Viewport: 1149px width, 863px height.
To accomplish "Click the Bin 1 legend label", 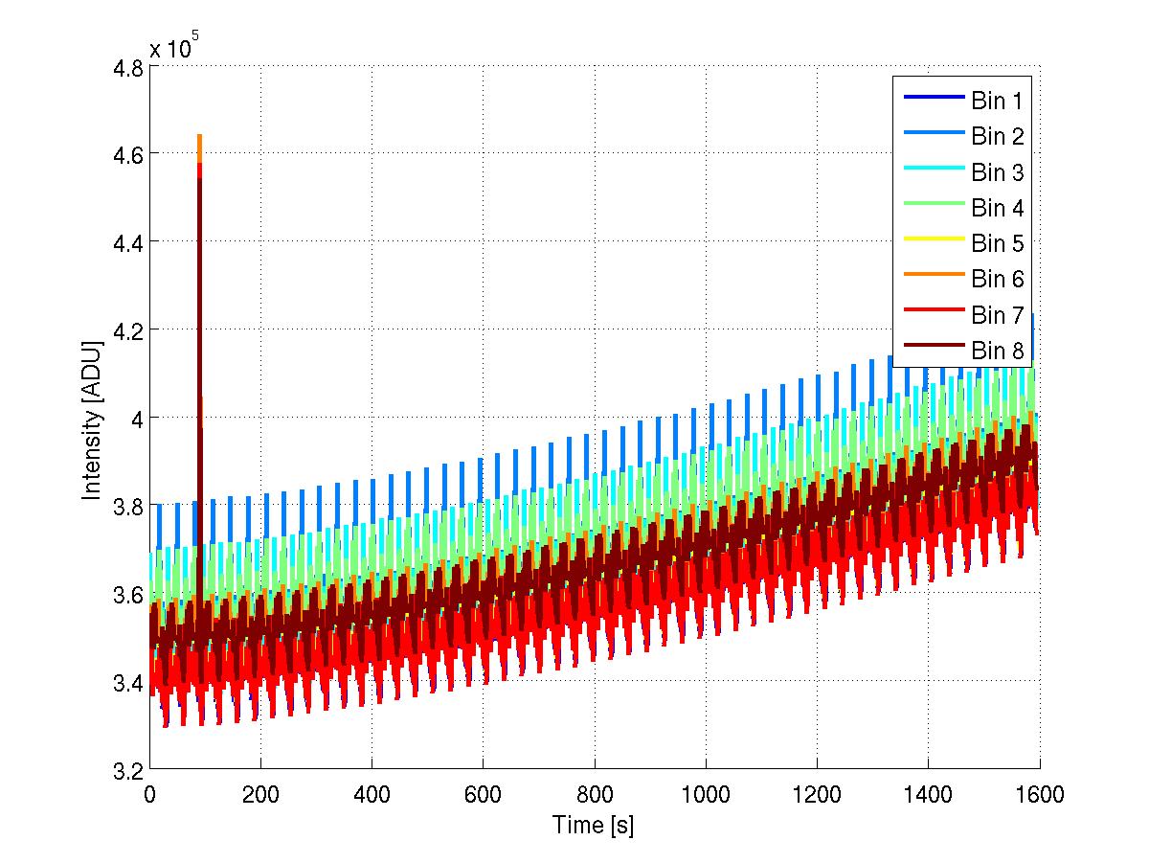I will [998, 102].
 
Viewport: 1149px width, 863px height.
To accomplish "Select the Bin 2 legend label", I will [998, 137].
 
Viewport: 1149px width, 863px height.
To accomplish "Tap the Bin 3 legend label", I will [998, 172].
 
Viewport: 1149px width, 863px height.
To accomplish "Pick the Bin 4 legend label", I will [998, 208].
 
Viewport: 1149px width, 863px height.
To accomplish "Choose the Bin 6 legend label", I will [998, 279].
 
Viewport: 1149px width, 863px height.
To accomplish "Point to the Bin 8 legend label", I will [998, 351].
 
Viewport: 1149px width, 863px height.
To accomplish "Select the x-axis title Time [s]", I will [594, 826].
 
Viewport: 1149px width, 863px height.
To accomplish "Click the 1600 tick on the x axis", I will [1039, 793].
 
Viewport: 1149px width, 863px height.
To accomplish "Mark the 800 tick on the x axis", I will [594, 793].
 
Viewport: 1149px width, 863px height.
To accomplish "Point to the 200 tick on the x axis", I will [260, 793].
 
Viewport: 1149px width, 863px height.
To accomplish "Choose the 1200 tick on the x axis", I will [817, 793].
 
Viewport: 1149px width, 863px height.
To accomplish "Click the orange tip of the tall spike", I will [199, 140].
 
